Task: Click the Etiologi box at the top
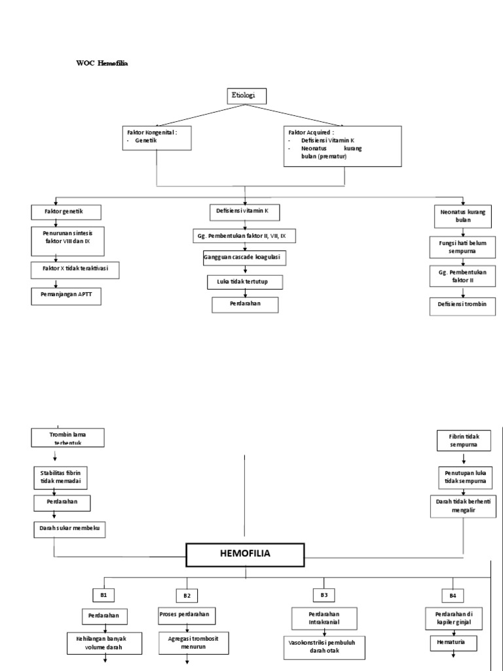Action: coord(248,96)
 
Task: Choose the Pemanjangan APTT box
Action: coord(68,296)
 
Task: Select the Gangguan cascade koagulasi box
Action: coord(244,258)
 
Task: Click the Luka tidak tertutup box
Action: coord(244,282)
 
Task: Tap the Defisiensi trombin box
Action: coord(463,305)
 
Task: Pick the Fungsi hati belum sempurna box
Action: coord(463,246)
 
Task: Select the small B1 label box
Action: coord(103,594)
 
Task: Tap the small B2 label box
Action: coord(187,595)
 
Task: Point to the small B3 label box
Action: coord(324,594)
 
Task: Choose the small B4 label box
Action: coord(452,595)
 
